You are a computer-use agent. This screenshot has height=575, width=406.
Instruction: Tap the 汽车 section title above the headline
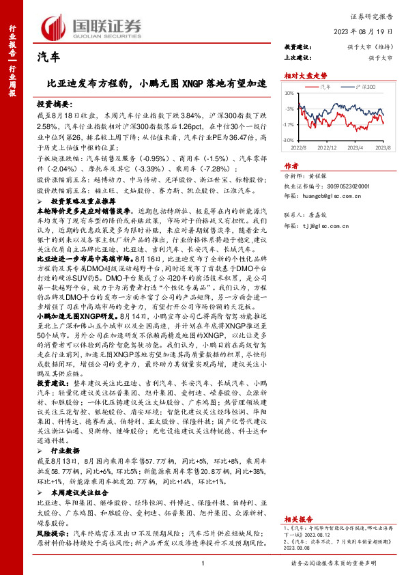tap(48, 59)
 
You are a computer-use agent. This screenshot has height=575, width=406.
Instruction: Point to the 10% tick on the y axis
tap(291, 93)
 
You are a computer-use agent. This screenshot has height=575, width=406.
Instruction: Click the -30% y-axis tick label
tap(291, 139)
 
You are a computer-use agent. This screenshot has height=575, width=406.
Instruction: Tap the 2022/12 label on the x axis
tap(328, 147)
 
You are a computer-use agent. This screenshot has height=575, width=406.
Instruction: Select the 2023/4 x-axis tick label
tap(356, 147)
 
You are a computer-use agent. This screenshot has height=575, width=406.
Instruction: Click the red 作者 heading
tap(291, 165)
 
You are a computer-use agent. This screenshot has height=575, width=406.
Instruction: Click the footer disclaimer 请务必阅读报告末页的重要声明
tap(333, 563)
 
